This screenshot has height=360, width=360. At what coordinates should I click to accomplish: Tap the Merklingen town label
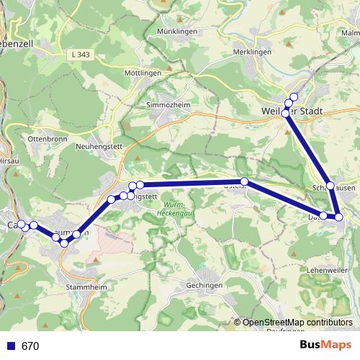click(x=252, y=53)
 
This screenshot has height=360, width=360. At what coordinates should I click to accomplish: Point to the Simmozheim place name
click(x=167, y=104)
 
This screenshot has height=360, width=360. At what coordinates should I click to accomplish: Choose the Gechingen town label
click(x=203, y=285)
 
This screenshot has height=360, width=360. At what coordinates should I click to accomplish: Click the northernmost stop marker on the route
click(x=293, y=97)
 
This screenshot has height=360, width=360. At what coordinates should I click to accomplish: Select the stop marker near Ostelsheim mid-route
click(x=244, y=181)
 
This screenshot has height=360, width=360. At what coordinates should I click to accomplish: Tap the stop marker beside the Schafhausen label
click(x=330, y=186)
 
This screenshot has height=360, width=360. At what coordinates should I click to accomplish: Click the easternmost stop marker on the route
click(x=338, y=217)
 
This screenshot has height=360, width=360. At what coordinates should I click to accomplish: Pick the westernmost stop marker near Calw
click(x=21, y=224)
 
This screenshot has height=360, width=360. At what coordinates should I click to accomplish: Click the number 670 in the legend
click(x=30, y=346)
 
